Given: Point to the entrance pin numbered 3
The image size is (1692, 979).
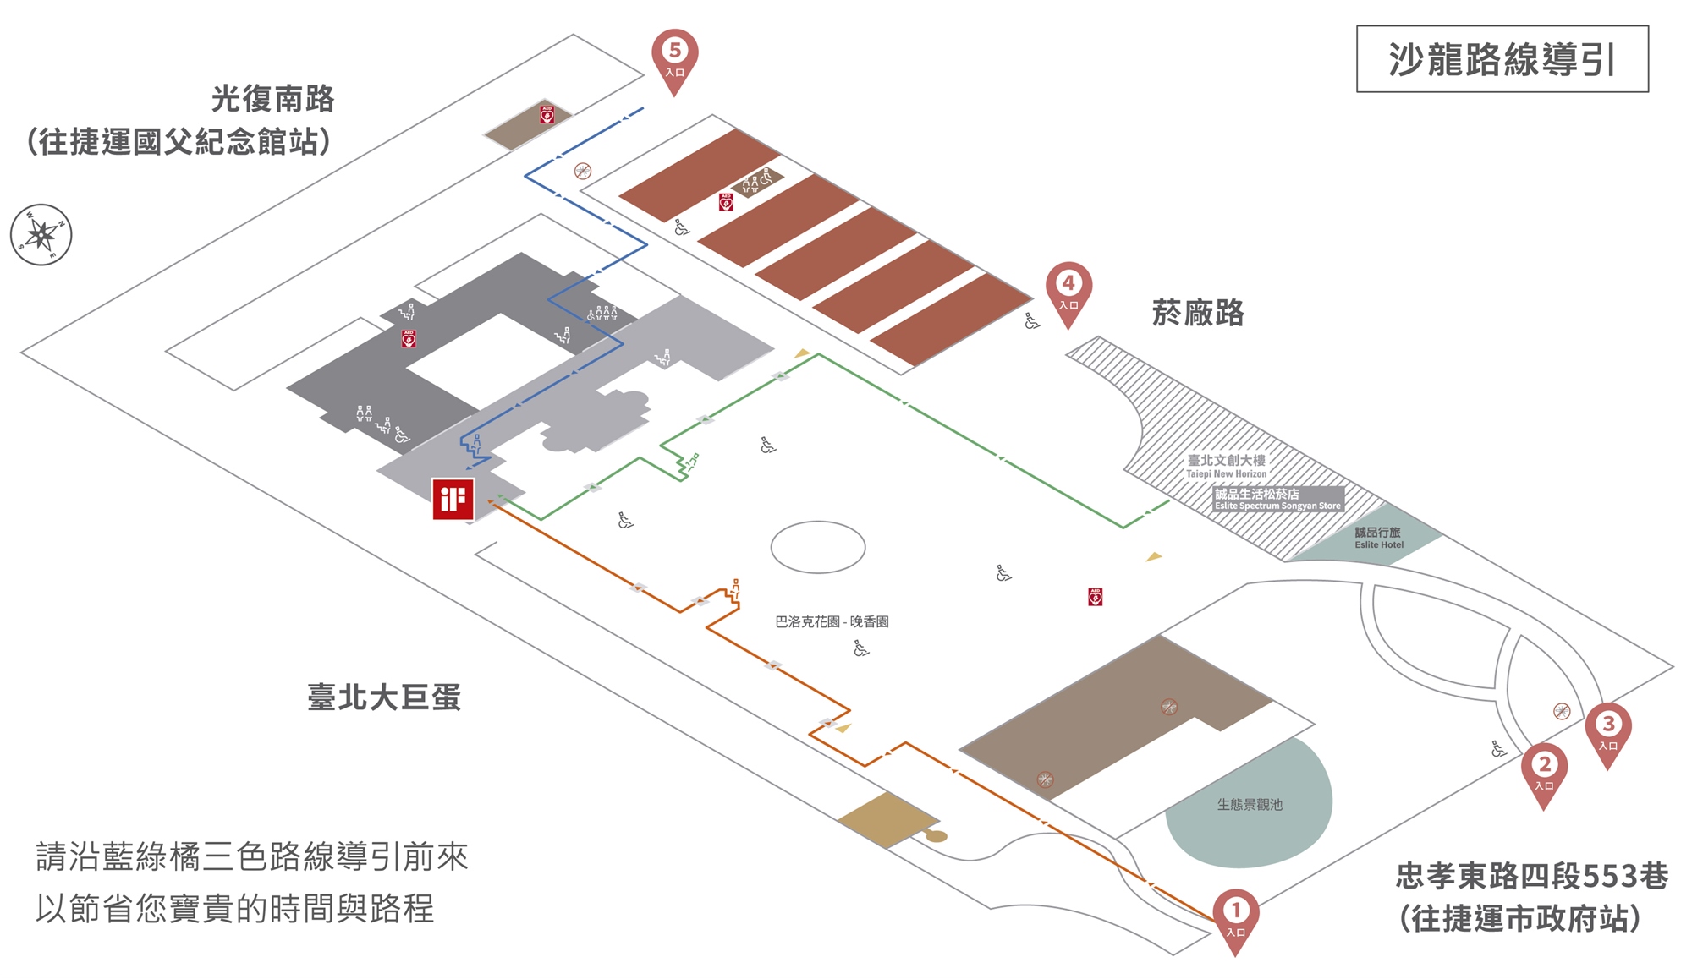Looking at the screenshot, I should [x=1607, y=729].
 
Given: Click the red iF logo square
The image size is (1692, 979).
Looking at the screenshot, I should [x=453, y=499].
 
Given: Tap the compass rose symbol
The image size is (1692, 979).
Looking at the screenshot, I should [x=41, y=234].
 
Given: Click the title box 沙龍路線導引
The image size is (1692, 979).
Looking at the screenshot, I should [x=1502, y=59].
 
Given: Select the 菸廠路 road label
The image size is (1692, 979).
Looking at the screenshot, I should [x=1198, y=313].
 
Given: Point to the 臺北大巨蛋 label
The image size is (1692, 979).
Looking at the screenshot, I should [x=384, y=697].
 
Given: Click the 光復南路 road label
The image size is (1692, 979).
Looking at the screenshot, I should [x=272, y=99].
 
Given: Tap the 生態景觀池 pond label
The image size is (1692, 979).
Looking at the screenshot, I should [x=1250, y=805].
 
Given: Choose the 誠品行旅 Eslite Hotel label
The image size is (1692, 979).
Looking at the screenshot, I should [x=1378, y=538].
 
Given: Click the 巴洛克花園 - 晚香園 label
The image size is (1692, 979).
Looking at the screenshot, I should [x=832, y=621].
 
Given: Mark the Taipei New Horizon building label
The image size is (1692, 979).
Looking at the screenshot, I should [x=1226, y=466].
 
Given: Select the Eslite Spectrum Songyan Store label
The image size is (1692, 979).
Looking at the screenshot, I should [x=1277, y=499].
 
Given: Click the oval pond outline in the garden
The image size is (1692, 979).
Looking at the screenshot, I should [x=817, y=547].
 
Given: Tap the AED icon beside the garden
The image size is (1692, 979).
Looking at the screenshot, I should [x=1095, y=597].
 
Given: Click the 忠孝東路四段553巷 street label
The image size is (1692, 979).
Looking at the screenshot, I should [x=1531, y=876].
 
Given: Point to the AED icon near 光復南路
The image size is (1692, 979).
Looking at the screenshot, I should [x=547, y=114].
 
